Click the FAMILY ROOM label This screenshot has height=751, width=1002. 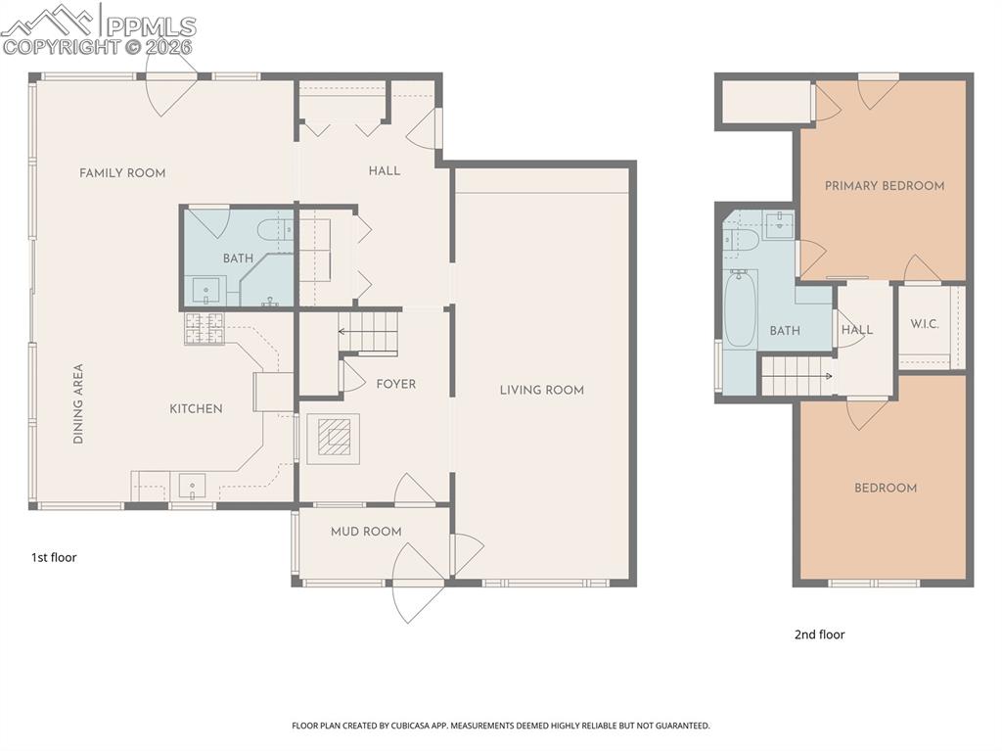tap(122, 173)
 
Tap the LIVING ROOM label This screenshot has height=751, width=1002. tap(541, 390)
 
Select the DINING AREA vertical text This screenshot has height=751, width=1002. tap(78, 404)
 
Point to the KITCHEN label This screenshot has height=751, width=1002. tap(197, 408)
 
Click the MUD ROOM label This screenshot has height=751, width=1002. tap(365, 532)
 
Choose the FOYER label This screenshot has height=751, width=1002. tap(395, 384)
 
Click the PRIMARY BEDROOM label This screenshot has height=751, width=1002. tap(884, 186)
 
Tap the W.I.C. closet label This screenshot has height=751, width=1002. tap(925, 324)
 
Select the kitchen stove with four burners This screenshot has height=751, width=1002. tap(204, 328)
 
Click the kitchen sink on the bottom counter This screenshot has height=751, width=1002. tap(192, 485)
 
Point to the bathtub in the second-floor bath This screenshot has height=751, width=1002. tap(740, 309)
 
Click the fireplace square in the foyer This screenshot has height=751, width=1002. tap(334, 439)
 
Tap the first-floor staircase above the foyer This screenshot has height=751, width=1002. tap(369, 332)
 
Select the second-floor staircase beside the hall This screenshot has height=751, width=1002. tap(797, 376)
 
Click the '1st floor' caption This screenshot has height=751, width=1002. tap(53, 558)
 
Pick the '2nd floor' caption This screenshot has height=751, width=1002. tap(819, 634)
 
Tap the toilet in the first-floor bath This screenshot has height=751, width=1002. tap(274, 232)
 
